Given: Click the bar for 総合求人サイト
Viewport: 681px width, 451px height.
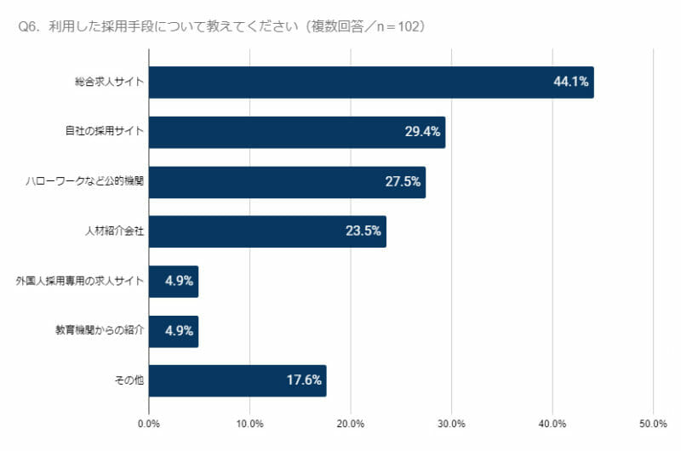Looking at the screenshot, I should pos(340,83).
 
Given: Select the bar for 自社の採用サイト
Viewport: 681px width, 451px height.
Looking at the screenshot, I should pos(281,132).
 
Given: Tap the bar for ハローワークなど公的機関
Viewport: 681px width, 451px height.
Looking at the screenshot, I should pos(272,182).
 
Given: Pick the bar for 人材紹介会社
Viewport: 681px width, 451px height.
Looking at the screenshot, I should pos(255,231).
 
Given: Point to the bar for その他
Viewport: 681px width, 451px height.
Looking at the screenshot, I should pos(221,381).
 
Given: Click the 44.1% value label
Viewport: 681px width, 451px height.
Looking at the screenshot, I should pos(571,83).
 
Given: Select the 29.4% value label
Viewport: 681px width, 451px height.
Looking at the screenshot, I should pos(423,132).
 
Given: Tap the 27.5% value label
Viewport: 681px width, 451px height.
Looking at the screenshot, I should pos(403,182).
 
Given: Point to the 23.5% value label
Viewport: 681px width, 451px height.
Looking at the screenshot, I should pos(363,231).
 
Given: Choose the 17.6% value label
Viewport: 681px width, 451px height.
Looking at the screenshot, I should pos(304,381).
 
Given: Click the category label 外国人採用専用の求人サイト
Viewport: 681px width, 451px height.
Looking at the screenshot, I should pos(80,281).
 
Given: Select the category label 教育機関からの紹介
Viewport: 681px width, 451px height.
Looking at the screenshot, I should pos(99,331).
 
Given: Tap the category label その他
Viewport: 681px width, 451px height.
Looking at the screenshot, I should pos(129,381).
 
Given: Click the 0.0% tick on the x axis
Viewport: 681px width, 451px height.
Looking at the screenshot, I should pos(149,424).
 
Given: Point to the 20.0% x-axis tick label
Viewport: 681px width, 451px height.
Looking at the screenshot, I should pos(351,424).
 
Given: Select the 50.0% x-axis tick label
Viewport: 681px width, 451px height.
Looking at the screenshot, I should pos(653,424).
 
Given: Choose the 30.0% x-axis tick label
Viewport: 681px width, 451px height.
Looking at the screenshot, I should pos(451,424).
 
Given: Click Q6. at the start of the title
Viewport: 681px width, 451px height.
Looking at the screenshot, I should pos(29,27).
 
